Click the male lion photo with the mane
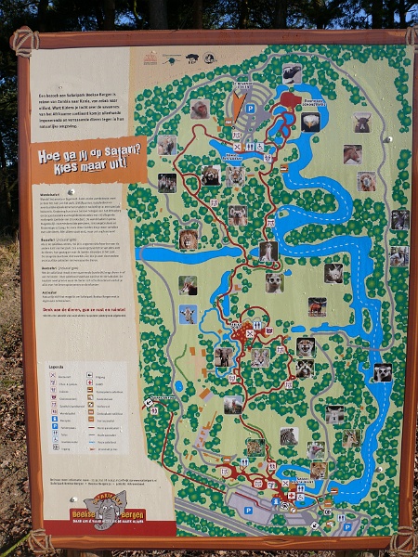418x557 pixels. (189, 240)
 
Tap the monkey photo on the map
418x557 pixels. (200, 109)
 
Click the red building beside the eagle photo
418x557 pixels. (290, 99)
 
